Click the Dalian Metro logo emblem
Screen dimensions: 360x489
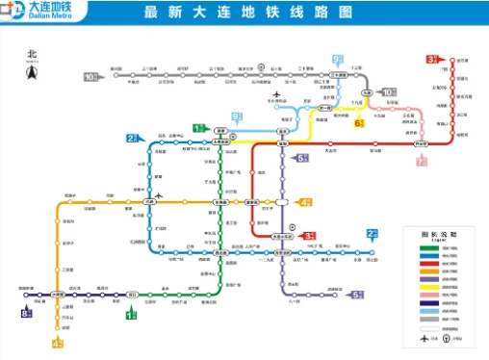(x=13, y=12)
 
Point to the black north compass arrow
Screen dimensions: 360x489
(x=30, y=70)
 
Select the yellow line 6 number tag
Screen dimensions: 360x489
(x=359, y=123)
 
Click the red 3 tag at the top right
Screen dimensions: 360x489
(x=432, y=60)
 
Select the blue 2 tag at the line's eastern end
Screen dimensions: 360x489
(x=372, y=234)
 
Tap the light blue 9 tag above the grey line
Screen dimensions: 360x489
(x=338, y=60)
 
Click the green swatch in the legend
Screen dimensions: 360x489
(x=422, y=248)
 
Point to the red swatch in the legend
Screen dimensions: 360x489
(x=422, y=257)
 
